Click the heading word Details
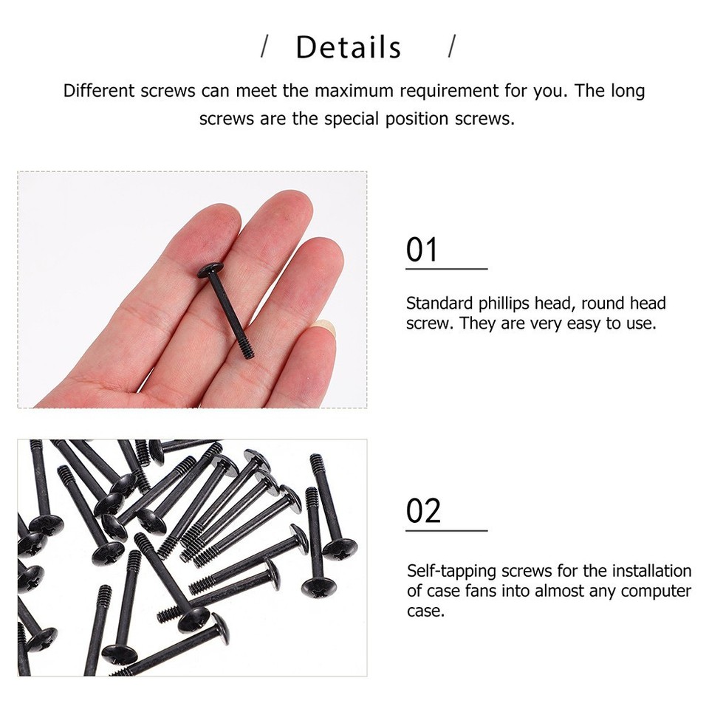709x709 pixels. coord(348,48)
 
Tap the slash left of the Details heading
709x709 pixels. coord(264,47)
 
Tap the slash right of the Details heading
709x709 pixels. coord(452,47)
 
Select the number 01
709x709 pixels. coord(422,250)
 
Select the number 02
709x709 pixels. coord(423,511)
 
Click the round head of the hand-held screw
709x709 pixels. coord(213,270)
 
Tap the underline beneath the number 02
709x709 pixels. coord(446,530)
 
